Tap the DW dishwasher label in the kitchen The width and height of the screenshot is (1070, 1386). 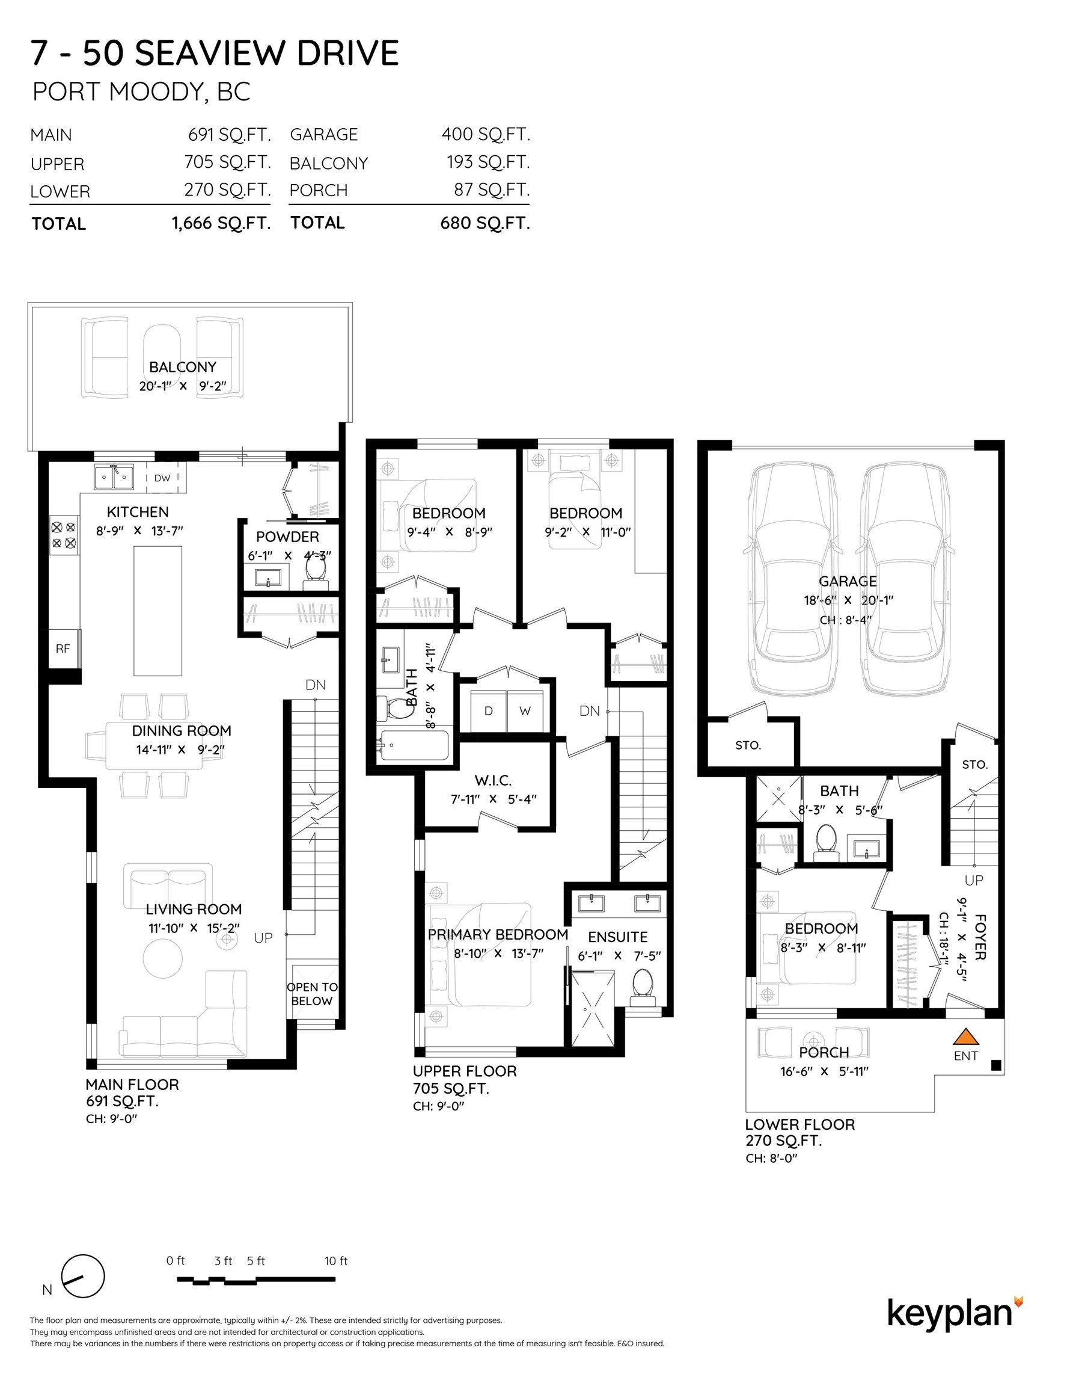coord(162,478)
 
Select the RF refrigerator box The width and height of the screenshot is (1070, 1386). coord(64,648)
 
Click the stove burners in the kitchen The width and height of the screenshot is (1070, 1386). coord(64,535)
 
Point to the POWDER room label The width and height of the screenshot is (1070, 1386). coord(287,537)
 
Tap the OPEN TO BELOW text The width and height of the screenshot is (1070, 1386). coord(312,994)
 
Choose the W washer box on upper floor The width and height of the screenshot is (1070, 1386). coord(525,711)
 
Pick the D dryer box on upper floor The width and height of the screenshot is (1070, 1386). coord(488,711)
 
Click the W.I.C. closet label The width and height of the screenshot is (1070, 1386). coord(493,780)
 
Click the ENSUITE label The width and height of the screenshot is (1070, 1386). coord(618,937)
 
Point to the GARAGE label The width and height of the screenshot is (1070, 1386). coord(848,581)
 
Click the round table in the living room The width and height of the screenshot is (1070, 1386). coord(163,958)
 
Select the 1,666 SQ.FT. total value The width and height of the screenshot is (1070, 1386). coord(221,223)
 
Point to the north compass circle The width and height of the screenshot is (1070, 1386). coord(83,1276)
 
